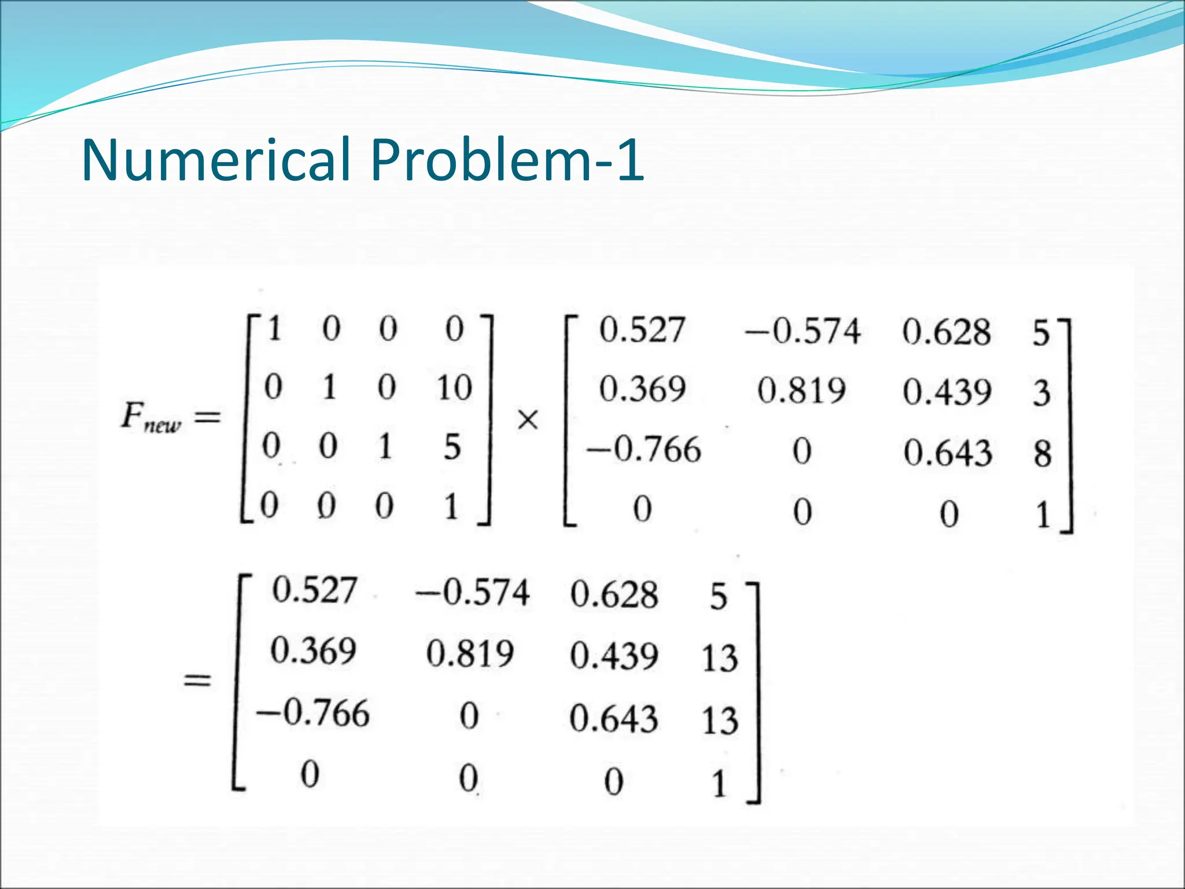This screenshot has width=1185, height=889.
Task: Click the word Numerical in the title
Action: [216, 160]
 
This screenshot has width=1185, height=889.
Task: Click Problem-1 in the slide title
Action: [507, 160]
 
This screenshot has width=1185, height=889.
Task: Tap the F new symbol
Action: [151, 418]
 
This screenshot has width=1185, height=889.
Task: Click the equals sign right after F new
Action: [207, 417]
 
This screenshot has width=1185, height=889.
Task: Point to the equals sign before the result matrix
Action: [197, 681]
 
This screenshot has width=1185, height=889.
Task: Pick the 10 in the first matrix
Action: [454, 387]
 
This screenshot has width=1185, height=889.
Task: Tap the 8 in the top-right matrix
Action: [1042, 453]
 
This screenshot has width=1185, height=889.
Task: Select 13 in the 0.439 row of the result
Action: [720, 658]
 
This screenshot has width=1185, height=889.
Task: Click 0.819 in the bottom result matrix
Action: [470, 654]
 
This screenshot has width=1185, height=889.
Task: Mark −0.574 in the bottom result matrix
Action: [472, 593]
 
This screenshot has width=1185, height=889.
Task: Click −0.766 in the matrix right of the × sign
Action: [643, 450]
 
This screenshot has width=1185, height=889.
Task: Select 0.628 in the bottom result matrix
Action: [614, 594]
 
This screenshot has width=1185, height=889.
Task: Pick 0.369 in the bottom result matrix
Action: [313, 651]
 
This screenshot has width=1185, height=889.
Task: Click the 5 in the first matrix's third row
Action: [452, 447]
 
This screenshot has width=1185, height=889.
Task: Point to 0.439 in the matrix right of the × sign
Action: [947, 392]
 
